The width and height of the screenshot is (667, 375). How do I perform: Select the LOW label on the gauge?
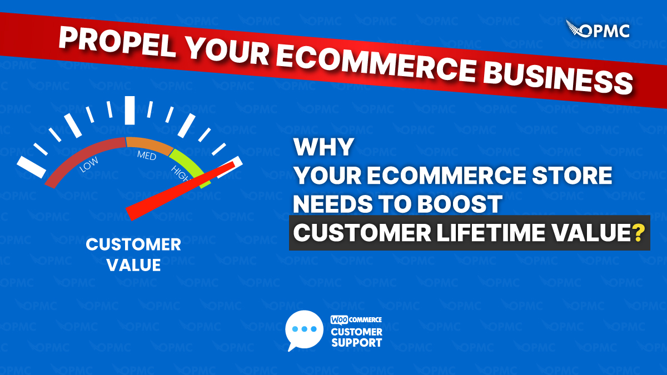(x=89, y=166)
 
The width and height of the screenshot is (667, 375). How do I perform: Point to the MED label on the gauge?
(x=147, y=156)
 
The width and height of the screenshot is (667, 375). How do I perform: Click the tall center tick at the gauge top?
(x=130, y=110)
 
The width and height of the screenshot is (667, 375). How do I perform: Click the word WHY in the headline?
(x=323, y=148)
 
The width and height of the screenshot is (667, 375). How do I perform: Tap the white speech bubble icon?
(x=303, y=329)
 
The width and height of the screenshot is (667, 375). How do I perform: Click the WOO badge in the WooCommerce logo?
(x=340, y=320)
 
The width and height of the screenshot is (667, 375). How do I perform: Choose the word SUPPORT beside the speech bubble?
(x=356, y=342)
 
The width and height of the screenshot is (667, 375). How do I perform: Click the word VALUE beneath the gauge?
(x=133, y=265)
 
